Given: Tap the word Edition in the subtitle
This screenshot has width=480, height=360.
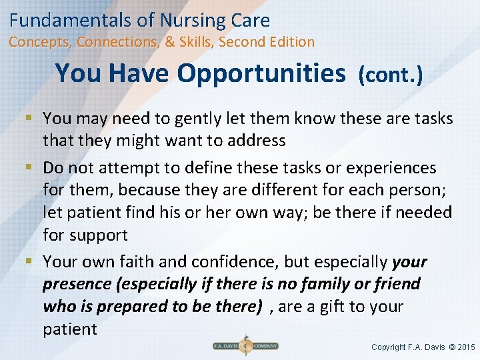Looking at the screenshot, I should click(289, 42).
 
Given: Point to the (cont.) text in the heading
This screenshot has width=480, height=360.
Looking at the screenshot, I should click(391, 75).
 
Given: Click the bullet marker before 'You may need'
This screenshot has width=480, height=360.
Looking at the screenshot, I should click(33, 119).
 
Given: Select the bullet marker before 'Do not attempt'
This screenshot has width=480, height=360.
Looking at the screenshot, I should click(33, 167).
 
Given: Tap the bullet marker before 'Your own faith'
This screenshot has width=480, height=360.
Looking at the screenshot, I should click(33, 261).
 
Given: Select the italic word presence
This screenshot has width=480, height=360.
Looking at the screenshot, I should click(77, 284).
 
